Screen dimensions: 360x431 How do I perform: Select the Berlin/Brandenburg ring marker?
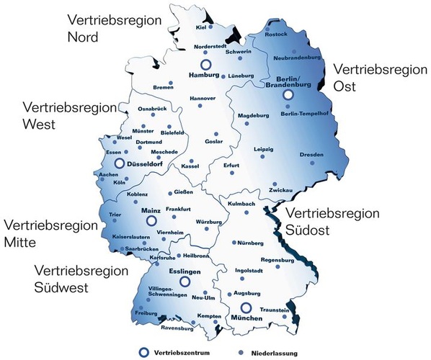[289, 94]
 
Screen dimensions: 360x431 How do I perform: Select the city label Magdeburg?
[252, 115]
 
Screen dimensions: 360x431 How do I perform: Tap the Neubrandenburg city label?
[298, 55]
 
